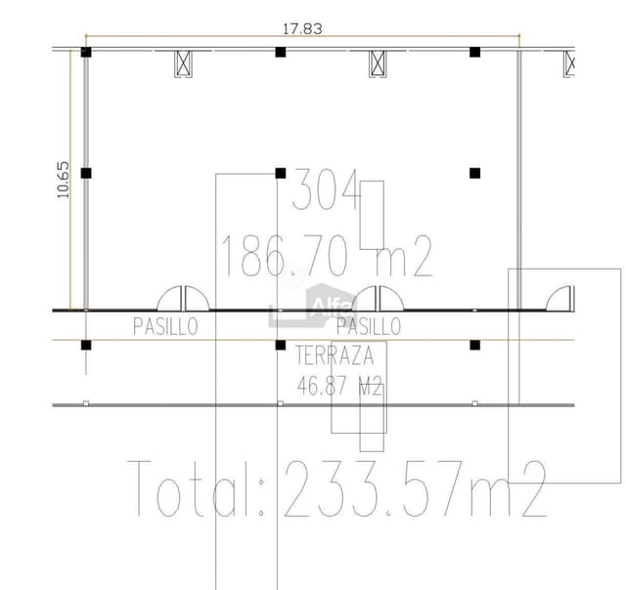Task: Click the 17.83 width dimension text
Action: click(302, 28)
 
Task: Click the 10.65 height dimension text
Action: click(63, 180)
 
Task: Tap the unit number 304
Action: click(326, 190)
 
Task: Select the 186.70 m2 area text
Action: click(327, 256)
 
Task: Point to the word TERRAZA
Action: click(335, 356)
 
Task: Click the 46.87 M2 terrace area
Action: click(339, 386)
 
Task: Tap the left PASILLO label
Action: click(165, 326)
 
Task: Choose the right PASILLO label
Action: click(369, 326)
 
